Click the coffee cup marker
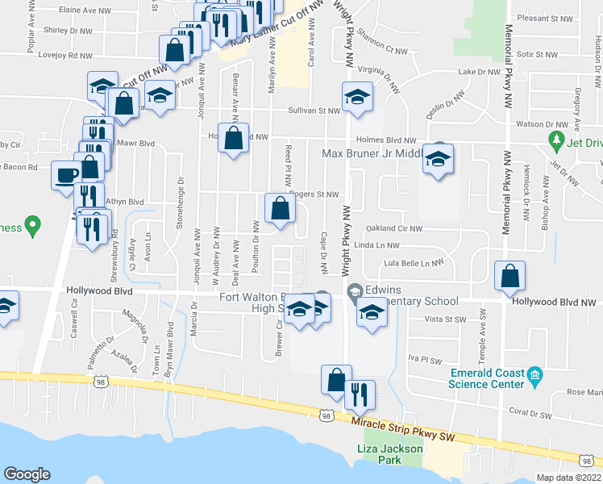[65, 174]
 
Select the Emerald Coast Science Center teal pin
[533, 376]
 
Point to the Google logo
[27, 474]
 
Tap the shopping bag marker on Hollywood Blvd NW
[509, 277]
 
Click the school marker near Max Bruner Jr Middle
[439, 161]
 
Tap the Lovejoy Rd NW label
[69, 56]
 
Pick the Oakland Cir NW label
[394, 228]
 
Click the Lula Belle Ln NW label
[414, 263]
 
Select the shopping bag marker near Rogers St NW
[279, 209]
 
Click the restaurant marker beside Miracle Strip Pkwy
[356, 394]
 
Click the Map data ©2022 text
[569, 478]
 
